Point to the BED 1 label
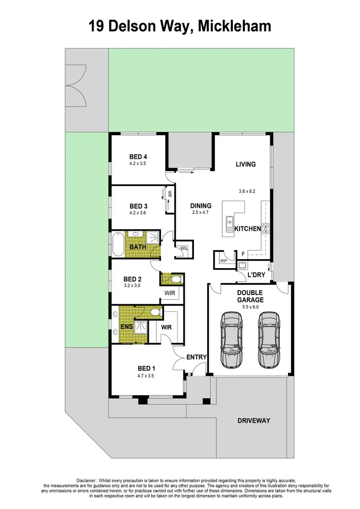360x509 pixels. click(x=145, y=368)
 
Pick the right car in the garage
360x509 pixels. click(x=267, y=339)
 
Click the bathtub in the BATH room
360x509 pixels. click(x=118, y=244)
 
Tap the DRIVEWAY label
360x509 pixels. click(x=254, y=421)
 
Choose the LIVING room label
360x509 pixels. click(x=245, y=164)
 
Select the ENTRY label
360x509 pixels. click(x=196, y=357)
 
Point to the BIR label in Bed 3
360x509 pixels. click(x=170, y=194)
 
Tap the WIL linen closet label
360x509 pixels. click(x=184, y=249)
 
